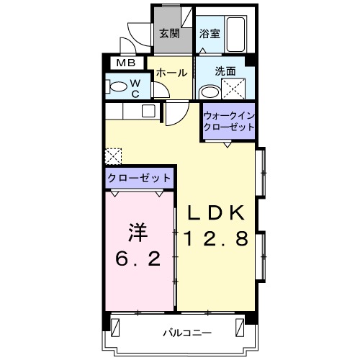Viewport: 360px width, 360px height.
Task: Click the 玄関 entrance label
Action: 169,32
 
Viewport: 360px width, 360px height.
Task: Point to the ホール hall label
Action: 171,73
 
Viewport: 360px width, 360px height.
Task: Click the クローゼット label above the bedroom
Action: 140,177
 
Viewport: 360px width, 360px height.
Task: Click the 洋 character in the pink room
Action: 138,232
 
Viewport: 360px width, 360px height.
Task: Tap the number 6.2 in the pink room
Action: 138,256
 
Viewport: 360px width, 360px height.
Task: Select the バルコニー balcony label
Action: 186,333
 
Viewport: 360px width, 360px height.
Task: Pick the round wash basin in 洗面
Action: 210,91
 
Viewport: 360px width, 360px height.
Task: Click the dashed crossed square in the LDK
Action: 113,156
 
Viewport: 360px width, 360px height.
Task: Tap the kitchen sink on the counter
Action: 148,111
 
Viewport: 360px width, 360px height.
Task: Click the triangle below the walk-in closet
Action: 228,144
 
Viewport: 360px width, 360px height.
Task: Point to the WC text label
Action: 135,87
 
